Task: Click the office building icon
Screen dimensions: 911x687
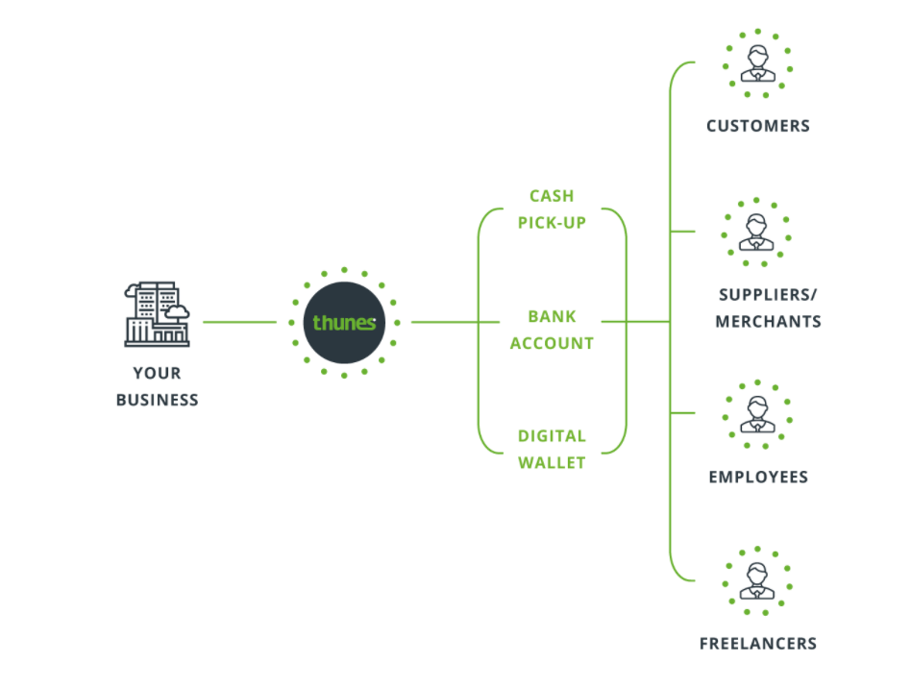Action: (x=157, y=314)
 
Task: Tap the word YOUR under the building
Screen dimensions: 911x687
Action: (x=157, y=373)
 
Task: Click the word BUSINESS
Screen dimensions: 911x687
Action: (x=157, y=400)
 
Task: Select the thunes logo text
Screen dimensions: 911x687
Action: (x=344, y=322)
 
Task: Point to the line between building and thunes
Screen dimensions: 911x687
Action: (x=240, y=322)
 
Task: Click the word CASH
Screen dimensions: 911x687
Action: (x=552, y=196)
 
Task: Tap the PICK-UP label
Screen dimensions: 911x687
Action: (x=552, y=223)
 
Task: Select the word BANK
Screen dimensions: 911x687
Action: (x=552, y=316)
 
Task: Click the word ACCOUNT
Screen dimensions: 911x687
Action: (x=552, y=343)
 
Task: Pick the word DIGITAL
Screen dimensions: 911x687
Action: (x=552, y=436)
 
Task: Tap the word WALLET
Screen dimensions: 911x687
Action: (x=552, y=463)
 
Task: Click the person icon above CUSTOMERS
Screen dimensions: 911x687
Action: (x=757, y=63)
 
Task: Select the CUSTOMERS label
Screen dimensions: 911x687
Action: (x=757, y=126)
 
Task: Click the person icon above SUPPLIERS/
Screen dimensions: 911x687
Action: (x=756, y=232)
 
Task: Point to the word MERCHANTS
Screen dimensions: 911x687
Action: (x=768, y=322)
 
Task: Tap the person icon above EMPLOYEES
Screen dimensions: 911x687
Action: (x=757, y=414)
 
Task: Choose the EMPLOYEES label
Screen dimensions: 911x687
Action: (x=758, y=478)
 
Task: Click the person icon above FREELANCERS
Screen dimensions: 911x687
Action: (x=757, y=580)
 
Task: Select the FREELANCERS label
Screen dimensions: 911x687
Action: (x=758, y=644)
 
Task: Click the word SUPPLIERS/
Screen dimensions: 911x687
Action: (x=768, y=295)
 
